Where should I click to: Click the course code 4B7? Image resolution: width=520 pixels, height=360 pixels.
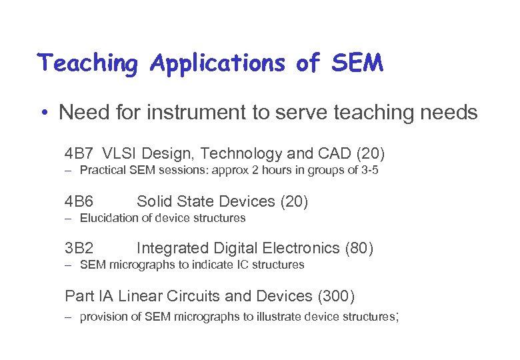pos(79,154)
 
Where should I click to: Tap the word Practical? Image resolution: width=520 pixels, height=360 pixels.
pos(101,171)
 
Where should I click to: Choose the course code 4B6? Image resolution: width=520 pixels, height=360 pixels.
pos(79,201)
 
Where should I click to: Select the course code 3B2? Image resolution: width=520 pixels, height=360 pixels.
pos(79,249)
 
